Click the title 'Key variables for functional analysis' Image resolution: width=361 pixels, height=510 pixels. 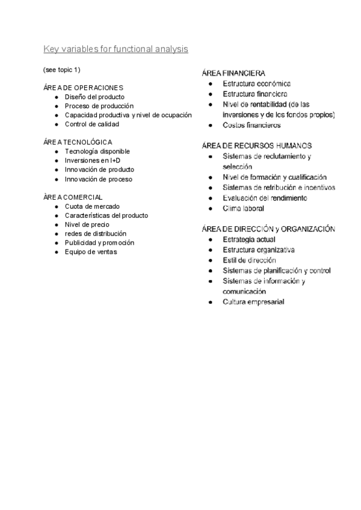click(116, 49)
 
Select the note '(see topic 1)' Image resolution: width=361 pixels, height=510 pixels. click(61, 70)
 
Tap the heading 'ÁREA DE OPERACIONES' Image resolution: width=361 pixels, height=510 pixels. click(83, 88)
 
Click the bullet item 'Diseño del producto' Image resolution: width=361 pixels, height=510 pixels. click(94, 97)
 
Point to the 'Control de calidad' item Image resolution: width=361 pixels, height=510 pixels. click(92, 124)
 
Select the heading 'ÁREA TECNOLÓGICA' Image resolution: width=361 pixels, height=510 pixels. click(78, 142)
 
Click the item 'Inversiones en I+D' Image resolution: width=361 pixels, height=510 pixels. click(93, 161)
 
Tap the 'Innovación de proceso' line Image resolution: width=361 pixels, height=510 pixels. click(99, 179)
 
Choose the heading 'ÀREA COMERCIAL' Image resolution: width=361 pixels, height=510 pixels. click(73, 197)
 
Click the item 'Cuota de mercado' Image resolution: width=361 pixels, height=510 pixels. click(92, 206)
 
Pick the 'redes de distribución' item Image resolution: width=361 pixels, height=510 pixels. click(96, 233)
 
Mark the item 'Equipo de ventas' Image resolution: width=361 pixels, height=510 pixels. click(91, 252)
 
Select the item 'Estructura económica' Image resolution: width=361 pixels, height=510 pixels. click(257, 84)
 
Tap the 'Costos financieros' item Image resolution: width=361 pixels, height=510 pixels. click(251, 125)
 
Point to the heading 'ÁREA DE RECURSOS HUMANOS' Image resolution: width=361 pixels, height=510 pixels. click(257, 146)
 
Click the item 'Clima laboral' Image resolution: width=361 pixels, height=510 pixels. click(243, 209)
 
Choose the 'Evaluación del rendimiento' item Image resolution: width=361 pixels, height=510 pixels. click(265, 198)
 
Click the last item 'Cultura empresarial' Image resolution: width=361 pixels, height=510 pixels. click(253, 302)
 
